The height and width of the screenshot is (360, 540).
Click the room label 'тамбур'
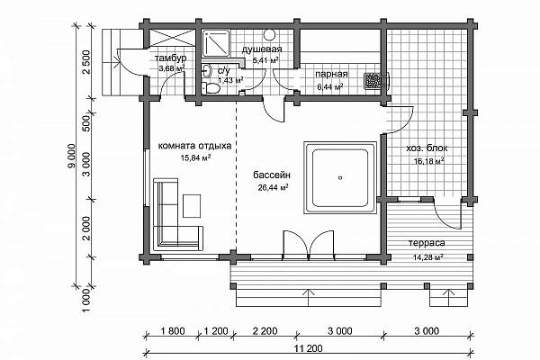(170, 58)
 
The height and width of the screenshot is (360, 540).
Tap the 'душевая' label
(262, 49)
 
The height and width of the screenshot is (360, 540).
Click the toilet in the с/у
(211, 88)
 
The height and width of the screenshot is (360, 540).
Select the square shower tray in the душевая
(216, 43)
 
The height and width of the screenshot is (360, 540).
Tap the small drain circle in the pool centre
(340, 178)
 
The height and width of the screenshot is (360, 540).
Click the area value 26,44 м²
(273, 188)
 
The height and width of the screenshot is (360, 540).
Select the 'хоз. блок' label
(427, 148)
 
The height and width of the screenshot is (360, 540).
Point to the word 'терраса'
(427, 243)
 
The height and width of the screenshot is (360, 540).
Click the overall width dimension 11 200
(308, 348)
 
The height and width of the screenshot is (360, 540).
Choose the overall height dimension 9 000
(72, 156)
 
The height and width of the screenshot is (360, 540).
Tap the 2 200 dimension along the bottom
(265, 331)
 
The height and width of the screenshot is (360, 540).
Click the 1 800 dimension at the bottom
(173, 331)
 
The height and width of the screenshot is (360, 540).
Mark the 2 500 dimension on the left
(86, 62)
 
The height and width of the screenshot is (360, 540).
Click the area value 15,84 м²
(195, 158)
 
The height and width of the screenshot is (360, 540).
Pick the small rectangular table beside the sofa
(192, 206)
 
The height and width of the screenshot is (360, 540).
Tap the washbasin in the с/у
(206, 70)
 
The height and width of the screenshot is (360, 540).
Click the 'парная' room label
(331, 75)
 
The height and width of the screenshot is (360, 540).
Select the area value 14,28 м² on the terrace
(427, 257)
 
